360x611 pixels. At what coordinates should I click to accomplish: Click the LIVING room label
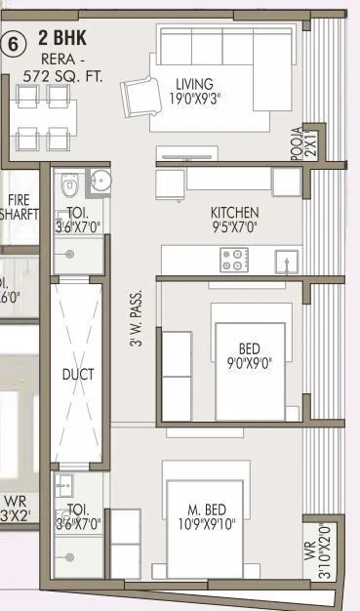195,83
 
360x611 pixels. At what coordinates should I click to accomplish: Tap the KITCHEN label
234,213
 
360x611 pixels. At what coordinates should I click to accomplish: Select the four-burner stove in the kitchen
233,260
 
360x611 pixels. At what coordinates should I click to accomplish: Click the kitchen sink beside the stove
286,261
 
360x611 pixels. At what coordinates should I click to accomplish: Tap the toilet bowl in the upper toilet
65,185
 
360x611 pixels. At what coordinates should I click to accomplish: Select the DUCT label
77,374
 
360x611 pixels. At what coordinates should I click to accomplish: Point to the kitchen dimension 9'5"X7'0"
234,227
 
